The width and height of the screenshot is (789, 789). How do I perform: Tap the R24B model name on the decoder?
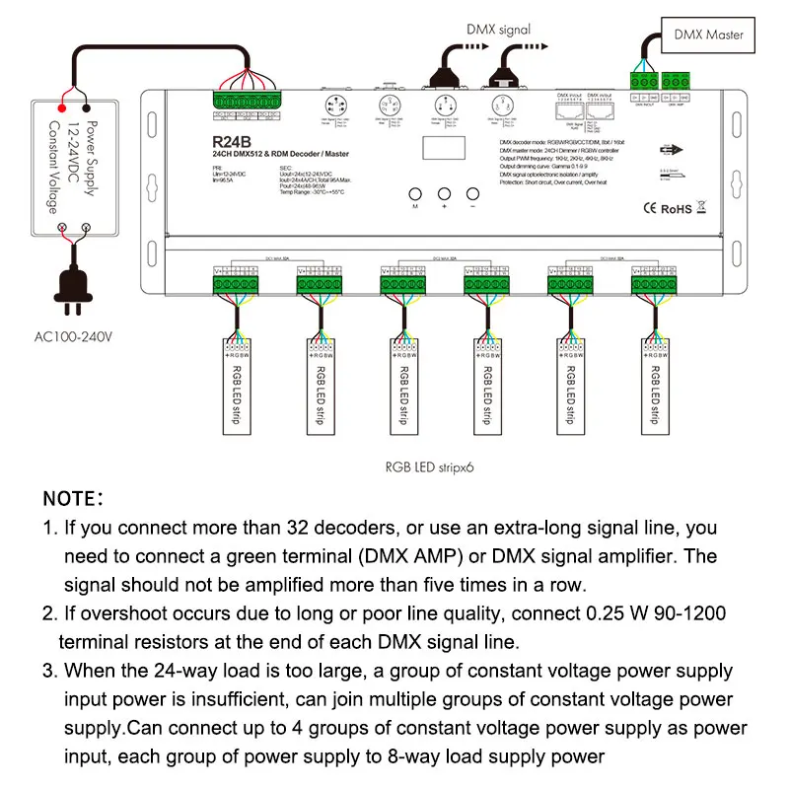point(230,140)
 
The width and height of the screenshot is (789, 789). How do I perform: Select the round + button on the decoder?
point(444,194)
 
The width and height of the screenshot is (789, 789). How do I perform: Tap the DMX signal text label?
point(498,30)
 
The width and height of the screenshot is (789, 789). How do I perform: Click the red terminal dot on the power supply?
point(63,108)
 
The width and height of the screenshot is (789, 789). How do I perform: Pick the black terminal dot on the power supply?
point(87,108)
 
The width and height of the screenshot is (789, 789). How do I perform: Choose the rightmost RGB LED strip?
point(653,385)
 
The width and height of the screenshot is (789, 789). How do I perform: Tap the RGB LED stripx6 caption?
point(431,468)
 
